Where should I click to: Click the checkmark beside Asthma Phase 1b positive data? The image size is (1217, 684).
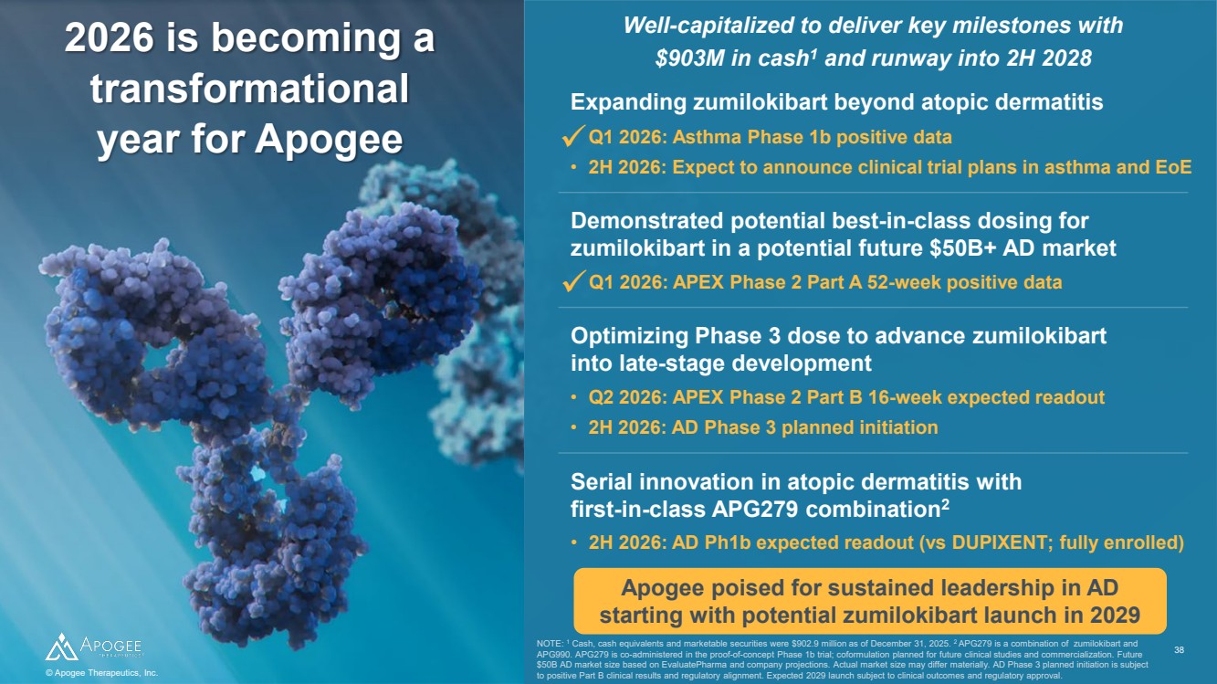[573, 135]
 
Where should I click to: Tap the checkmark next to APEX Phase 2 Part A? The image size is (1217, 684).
[573, 281]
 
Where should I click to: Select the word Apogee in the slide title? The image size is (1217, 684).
[329, 139]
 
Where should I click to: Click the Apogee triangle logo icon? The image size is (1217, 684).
[61, 647]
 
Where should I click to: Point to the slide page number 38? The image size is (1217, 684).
[1179, 650]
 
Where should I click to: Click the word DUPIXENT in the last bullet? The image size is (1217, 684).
[1001, 542]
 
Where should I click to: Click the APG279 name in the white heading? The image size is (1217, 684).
[755, 509]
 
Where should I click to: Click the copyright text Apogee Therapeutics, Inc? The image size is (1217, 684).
[101, 673]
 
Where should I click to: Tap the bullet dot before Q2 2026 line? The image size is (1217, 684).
[573, 397]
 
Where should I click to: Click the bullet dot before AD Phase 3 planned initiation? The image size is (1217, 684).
[573, 427]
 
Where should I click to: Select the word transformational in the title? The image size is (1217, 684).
[249, 89]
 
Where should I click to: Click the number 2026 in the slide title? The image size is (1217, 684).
[110, 38]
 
